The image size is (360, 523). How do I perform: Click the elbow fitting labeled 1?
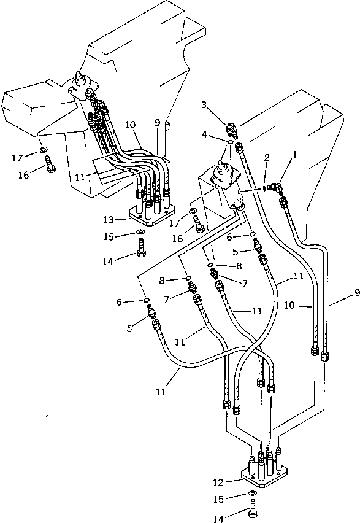point(277,184)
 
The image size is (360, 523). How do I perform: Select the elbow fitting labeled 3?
point(232,128)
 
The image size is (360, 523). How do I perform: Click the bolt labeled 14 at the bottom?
point(253,509)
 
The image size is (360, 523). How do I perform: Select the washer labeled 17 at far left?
point(42,149)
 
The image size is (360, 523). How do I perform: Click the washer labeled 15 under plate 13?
point(140,232)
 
